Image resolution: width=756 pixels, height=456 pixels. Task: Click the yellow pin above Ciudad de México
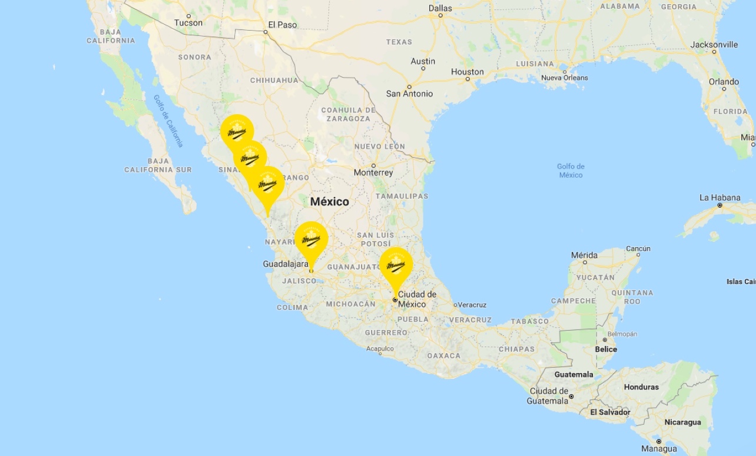pos(396,265)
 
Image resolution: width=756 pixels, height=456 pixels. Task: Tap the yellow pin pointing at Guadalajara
pos(311,238)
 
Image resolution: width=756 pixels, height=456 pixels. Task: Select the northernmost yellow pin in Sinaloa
pos(237,131)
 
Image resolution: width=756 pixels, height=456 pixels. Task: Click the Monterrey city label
pos(373,172)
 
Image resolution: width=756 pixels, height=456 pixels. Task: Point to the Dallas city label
pos(440,8)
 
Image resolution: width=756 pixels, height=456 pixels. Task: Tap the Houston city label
pos(467,72)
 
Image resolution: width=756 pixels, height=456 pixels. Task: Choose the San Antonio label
pos(409,94)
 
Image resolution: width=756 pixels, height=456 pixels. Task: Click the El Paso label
pos(283,25)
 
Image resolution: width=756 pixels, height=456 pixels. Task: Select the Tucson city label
pos(188,23)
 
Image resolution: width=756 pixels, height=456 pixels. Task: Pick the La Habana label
pos(720,197)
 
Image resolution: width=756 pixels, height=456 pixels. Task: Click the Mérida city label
pos(584,255)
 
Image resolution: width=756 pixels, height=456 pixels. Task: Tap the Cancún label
pos(638,248)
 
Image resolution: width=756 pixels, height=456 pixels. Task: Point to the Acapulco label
pos(380,349)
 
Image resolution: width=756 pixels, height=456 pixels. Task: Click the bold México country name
pos(330,201)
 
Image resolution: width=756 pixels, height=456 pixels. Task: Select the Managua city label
pos(659,449)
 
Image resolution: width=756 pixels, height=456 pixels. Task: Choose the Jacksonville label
pos(714,44)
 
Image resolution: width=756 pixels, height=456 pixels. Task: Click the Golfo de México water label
pos(571,171)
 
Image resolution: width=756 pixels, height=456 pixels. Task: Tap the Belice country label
pos(606,349)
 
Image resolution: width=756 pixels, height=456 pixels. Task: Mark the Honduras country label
pos(642,387)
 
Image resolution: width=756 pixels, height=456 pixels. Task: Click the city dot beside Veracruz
pos(455,305)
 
